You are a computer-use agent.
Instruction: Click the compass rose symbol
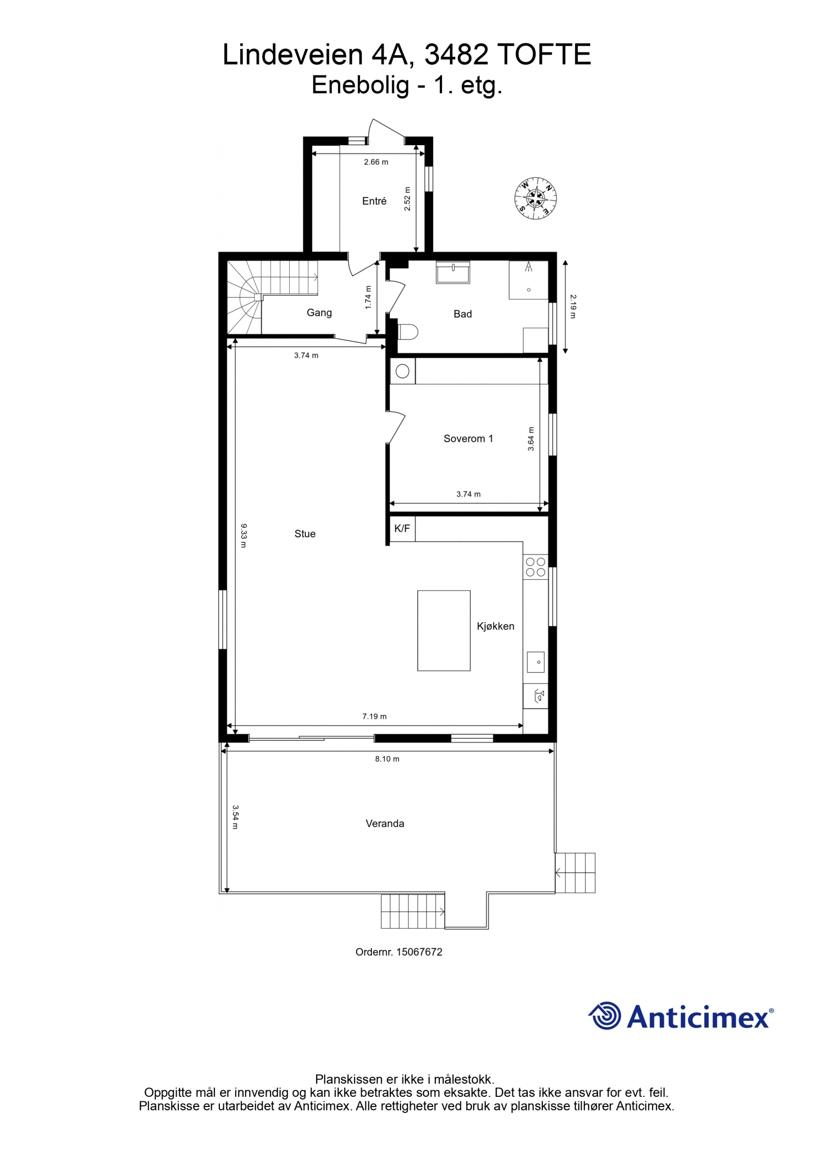pos(536,198)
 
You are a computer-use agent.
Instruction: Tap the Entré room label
pos(374,201)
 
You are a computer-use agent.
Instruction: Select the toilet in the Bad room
pos(407,331)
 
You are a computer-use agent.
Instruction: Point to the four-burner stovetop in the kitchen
pos(535,566)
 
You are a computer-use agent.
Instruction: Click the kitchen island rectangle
pos(444,630)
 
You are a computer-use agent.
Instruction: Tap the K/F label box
pos(402,529)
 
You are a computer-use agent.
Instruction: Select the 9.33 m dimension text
pos(244,535)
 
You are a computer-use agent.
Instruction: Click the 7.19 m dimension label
pos(374,716)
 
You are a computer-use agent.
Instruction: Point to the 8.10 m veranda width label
pos(387,758)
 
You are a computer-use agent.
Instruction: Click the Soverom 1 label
pos(468,439)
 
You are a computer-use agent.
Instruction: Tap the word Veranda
pos(385,823)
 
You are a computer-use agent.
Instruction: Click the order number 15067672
pos(419,952)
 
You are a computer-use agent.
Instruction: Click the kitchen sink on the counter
pos(536,661)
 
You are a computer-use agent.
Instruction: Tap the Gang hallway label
pos(319,313)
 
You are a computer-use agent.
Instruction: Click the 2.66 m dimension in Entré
pos(376,162)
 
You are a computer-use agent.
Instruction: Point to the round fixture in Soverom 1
pos(403,371)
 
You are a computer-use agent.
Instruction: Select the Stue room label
pos(305,534)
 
